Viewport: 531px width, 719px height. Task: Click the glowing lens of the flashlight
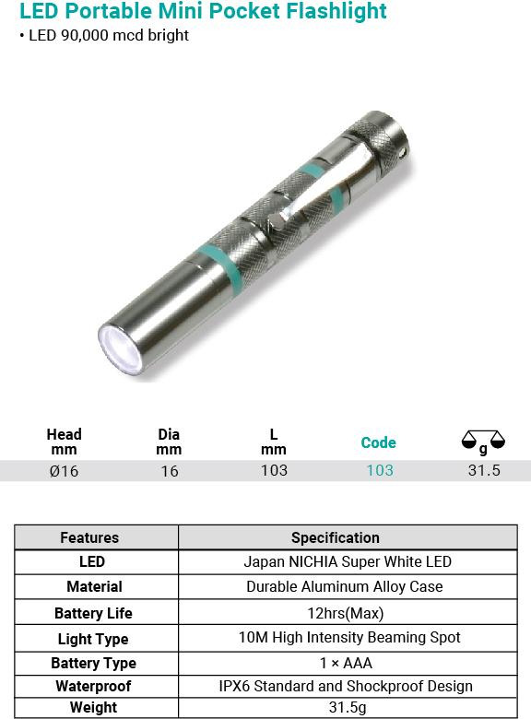tap(119, 349)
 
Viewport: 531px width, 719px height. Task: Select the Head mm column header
tap(65, 442)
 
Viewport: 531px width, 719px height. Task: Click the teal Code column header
tap(378, 442)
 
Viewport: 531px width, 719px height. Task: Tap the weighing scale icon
tap(483, 442)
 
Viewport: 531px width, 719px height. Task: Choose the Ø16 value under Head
tap(65, 471)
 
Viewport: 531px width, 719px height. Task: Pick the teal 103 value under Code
tap(380, 470)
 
